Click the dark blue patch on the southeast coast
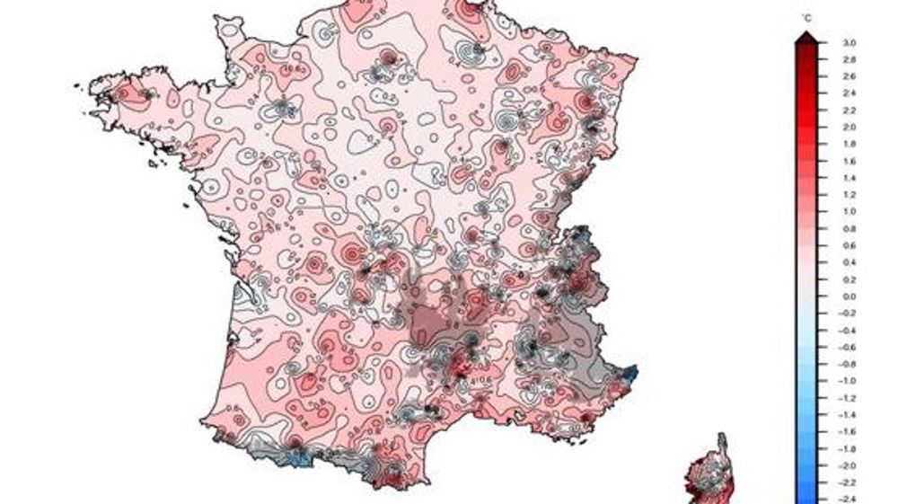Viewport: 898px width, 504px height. (630, 371)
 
